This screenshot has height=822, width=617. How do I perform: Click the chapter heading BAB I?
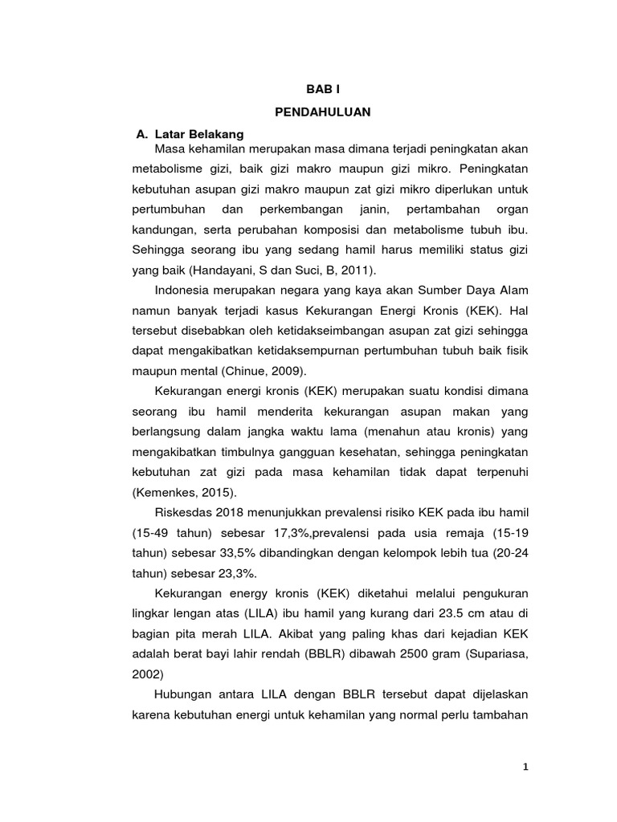coord(322,92)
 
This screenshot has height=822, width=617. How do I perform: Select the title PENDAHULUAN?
coord(322,112)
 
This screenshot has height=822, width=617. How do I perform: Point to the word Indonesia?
coord(186,290)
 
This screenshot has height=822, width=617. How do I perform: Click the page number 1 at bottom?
coord(525,767)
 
